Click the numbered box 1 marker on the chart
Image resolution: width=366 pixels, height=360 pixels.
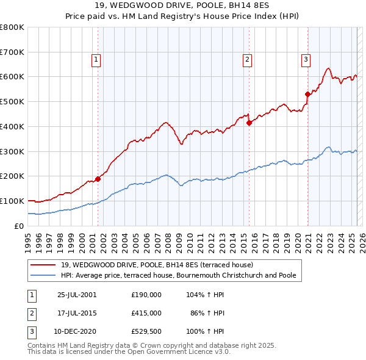tap(97, 59)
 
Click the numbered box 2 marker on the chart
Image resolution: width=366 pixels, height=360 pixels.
tap(247, 59)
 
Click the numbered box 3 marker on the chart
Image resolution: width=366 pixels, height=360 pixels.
tap(305, 59)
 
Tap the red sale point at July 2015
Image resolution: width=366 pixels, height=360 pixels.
tap(249, 123)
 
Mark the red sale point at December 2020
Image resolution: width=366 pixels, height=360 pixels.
tap(307, 94)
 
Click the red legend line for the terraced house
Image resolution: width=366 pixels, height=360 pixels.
tap(44, 265)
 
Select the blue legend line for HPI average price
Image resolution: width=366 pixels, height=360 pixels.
tap(44, 275)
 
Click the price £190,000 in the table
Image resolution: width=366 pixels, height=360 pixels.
tap(146, 295)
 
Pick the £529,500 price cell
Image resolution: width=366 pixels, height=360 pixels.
tap(146, 331)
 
